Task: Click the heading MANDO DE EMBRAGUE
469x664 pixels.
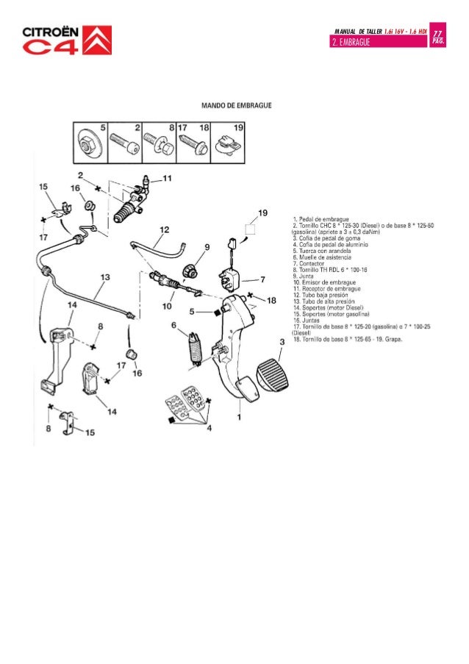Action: [x=237, y=106]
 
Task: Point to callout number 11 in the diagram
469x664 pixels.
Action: [x=168, y=178]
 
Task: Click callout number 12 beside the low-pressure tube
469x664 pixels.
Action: [x=164, y=229]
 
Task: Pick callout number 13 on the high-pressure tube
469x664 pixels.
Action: [x=105, y=277]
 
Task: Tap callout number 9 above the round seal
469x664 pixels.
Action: [x=207, y=247]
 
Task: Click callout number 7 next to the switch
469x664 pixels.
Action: [x=262, y=280]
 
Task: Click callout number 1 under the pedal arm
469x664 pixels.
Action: [x=239, y=417]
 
